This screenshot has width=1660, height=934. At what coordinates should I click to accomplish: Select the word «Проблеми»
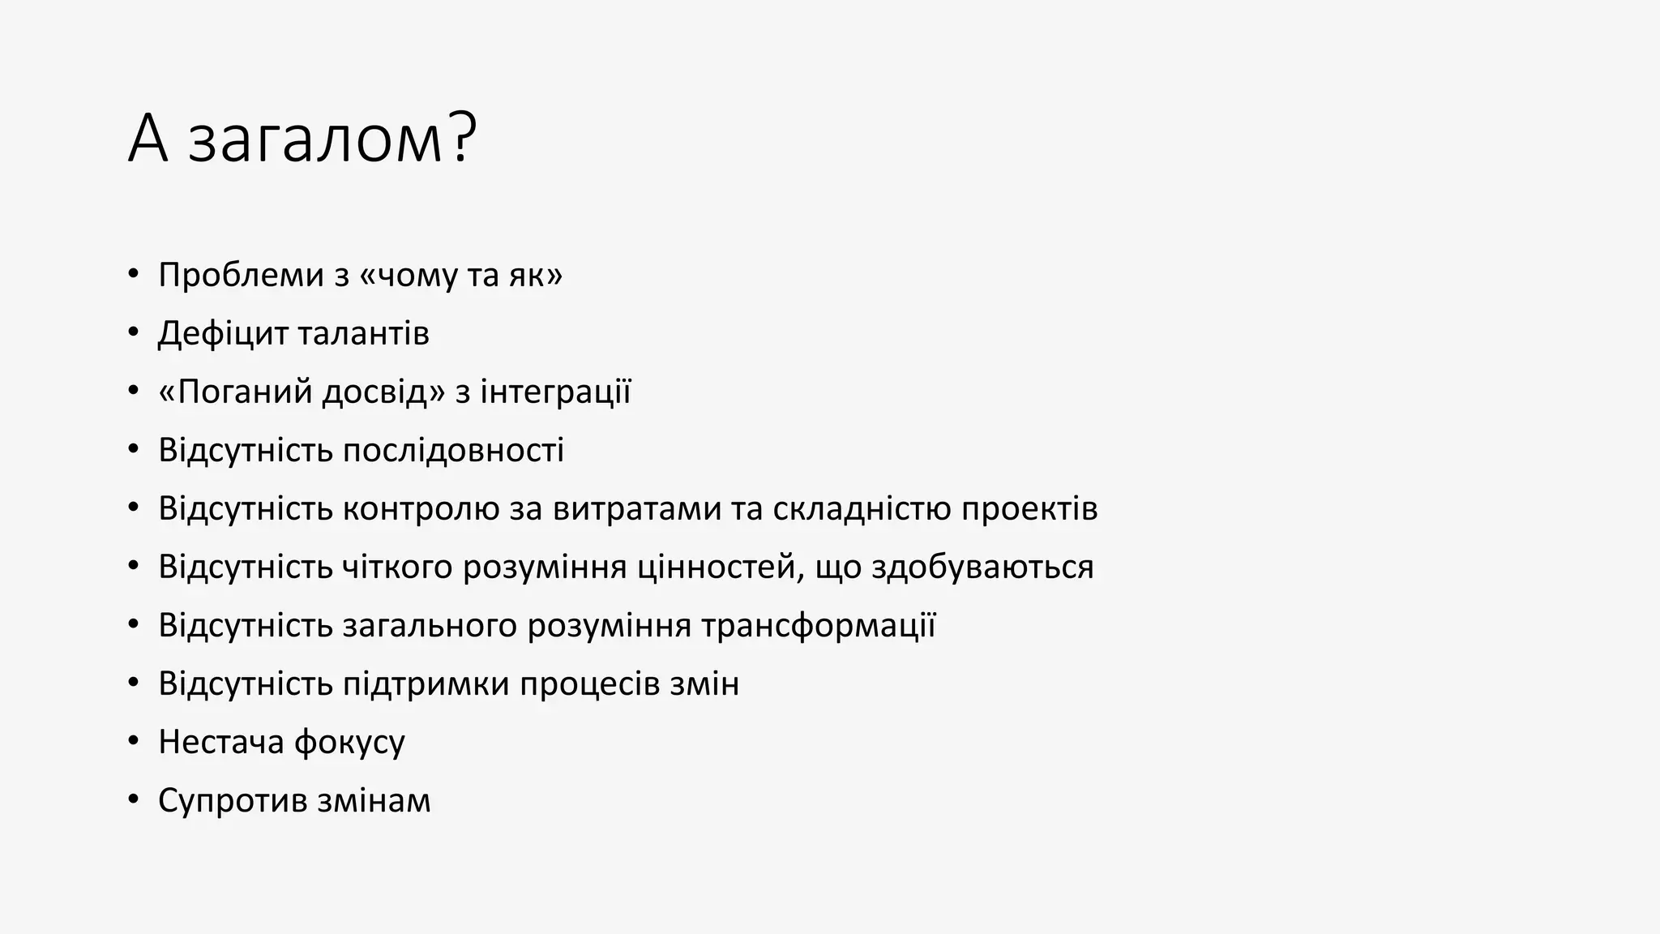[x=241, y=276]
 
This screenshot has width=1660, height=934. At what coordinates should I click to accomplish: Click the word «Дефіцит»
[x=223, y=333]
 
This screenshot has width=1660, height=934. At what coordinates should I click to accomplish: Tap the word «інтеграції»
[x=555, y=392]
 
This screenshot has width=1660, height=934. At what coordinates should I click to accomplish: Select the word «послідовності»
[x=453, y=451]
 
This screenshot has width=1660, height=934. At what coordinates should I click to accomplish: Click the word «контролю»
[x=421, y=509]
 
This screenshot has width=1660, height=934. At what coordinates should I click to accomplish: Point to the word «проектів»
[x=1029, y=509]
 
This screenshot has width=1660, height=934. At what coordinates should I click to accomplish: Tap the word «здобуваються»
[x=982, y=568]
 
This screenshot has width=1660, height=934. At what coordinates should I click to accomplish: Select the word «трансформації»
[x=818, y=626]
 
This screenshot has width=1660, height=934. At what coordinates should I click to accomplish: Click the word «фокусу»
[x=349, y=743]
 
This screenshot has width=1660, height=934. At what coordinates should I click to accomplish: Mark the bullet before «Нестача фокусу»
[x=134, y=742]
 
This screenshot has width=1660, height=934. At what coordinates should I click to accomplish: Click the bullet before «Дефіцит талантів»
[x=134, y=333]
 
